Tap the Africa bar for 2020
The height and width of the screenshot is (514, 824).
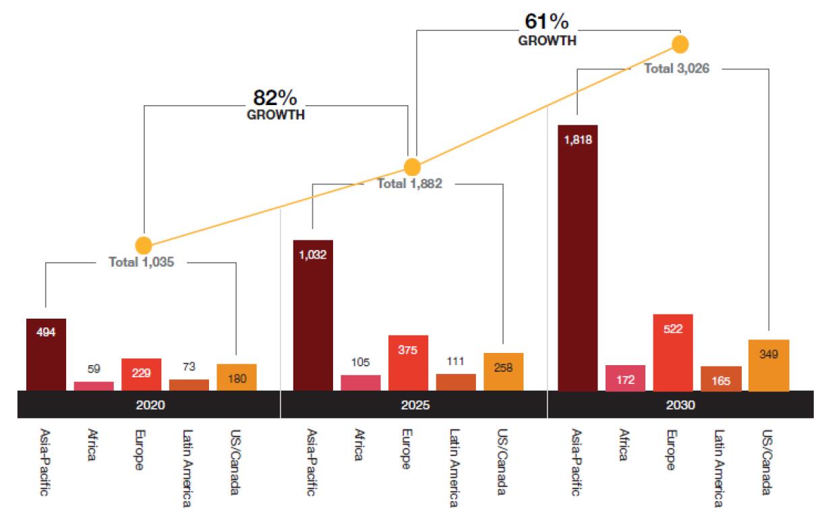pyautogui.click(x=94, y=386)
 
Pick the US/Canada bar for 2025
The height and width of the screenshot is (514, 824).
pyautogui.click(x=503, y=372)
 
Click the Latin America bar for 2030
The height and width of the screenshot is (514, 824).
pyautogui.click(x=721, y=379)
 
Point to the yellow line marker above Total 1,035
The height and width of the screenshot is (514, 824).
pyautogui.click(x=143, y=245)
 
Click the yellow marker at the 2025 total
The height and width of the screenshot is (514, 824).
pyautogui.click(x=412, y=166)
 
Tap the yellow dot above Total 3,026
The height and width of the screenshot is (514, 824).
pyautogui.click(x=680, y=44)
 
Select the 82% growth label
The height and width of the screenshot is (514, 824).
pyautogui.click(x=275, y=105)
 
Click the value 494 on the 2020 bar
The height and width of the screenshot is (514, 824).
pyautogui.click(x=46, y=331)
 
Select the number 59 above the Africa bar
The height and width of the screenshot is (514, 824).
pyautogui.click(x=94, y=369)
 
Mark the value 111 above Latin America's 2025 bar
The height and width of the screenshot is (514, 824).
pyautogui.click(x=455, y=362)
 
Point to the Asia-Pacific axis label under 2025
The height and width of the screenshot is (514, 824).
pyautogui.click(x=312, y=462)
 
